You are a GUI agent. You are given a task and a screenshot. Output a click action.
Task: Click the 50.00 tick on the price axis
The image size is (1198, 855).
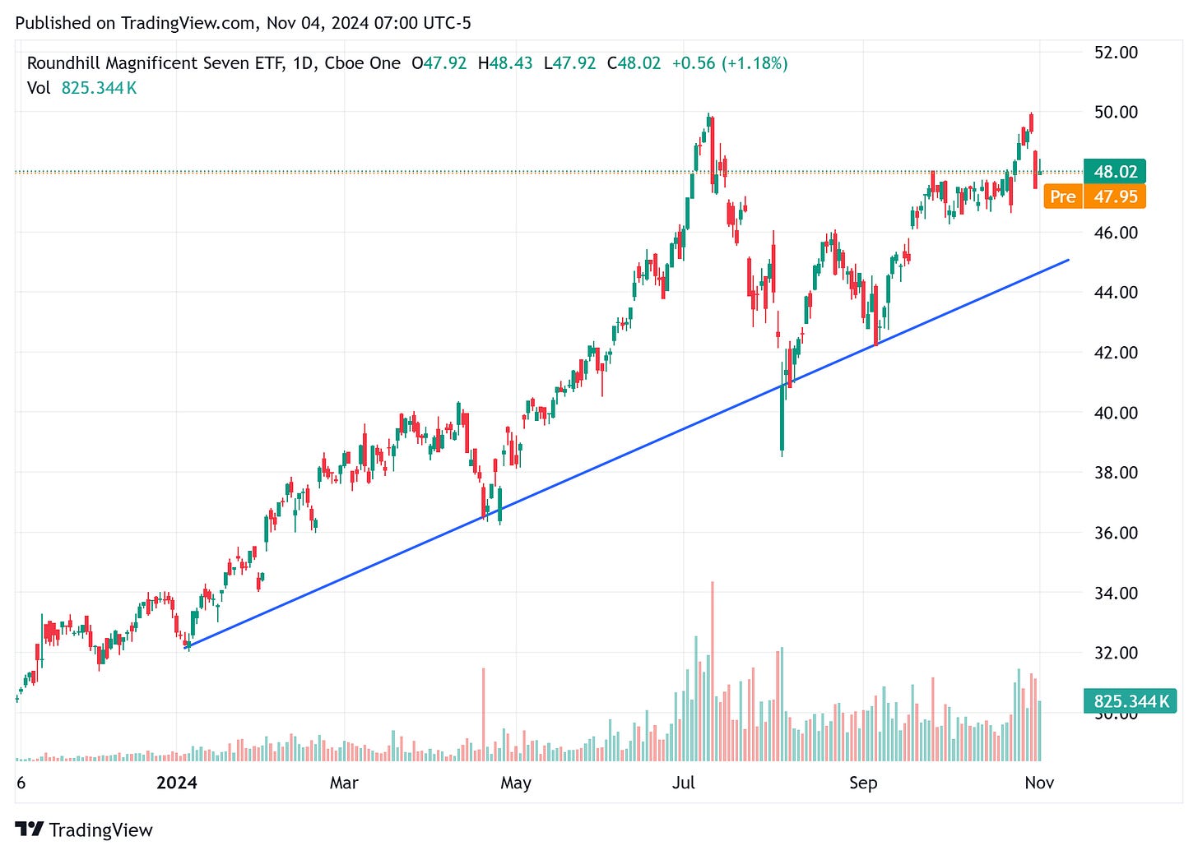1116,112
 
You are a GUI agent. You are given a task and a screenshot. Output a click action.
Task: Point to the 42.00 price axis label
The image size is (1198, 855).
1116,353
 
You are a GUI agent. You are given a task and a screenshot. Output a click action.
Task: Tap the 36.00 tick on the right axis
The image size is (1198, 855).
1116,533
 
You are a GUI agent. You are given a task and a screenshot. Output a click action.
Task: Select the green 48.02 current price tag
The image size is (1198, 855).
1115,172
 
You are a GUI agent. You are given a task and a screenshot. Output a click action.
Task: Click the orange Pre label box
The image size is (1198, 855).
1062,196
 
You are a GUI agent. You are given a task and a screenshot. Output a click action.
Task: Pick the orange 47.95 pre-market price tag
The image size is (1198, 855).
1116,196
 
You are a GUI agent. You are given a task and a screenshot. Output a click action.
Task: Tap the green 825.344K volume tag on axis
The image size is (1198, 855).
1131,701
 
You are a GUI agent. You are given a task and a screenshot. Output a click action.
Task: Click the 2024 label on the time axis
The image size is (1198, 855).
177,783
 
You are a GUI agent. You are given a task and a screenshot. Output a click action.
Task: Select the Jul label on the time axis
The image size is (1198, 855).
684,783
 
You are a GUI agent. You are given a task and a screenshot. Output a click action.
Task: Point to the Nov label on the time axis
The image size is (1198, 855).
1039,783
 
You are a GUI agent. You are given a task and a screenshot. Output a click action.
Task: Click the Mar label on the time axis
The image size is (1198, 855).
344,783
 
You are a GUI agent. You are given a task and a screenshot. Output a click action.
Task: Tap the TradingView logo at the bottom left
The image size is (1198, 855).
84,830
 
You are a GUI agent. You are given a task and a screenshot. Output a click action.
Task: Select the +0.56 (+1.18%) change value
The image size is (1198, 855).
729,63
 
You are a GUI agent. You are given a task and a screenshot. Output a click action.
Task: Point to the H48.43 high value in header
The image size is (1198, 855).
505,63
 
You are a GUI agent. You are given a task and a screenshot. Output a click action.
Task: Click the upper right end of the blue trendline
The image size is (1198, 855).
1068,260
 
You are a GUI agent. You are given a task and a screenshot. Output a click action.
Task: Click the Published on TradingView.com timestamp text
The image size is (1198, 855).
244,23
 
